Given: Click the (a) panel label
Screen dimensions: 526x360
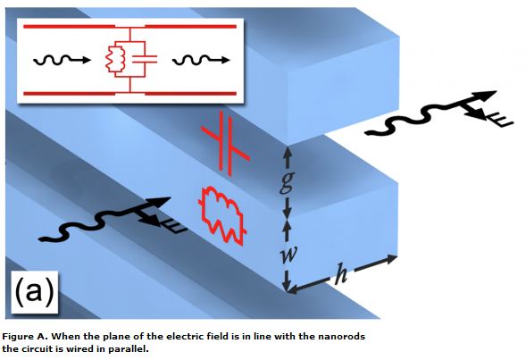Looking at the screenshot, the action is [x=35, y=291].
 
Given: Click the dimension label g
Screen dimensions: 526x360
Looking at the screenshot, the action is [x=287, y=182].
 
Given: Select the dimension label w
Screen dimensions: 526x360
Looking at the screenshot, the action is [x=288, y=254].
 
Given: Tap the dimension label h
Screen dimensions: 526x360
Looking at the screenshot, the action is [x=341, y=273].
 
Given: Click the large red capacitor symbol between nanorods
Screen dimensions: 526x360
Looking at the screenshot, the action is [x=225, y=144].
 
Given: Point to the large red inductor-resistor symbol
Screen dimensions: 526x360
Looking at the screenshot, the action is [x=222, y=214].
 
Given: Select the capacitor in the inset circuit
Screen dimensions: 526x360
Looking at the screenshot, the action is [x=145, y=59].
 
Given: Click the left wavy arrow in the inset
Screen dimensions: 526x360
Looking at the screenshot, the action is [x=62, y=60].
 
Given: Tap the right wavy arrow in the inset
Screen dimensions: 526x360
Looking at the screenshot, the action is [x=201, y=60].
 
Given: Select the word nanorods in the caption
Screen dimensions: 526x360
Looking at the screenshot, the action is [x=347, y=337].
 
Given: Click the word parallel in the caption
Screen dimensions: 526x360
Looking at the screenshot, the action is [x=127, y=349].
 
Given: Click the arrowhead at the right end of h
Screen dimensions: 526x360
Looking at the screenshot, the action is [x=391, y=259].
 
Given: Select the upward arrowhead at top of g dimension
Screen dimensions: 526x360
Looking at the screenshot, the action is [x=288, y=153].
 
